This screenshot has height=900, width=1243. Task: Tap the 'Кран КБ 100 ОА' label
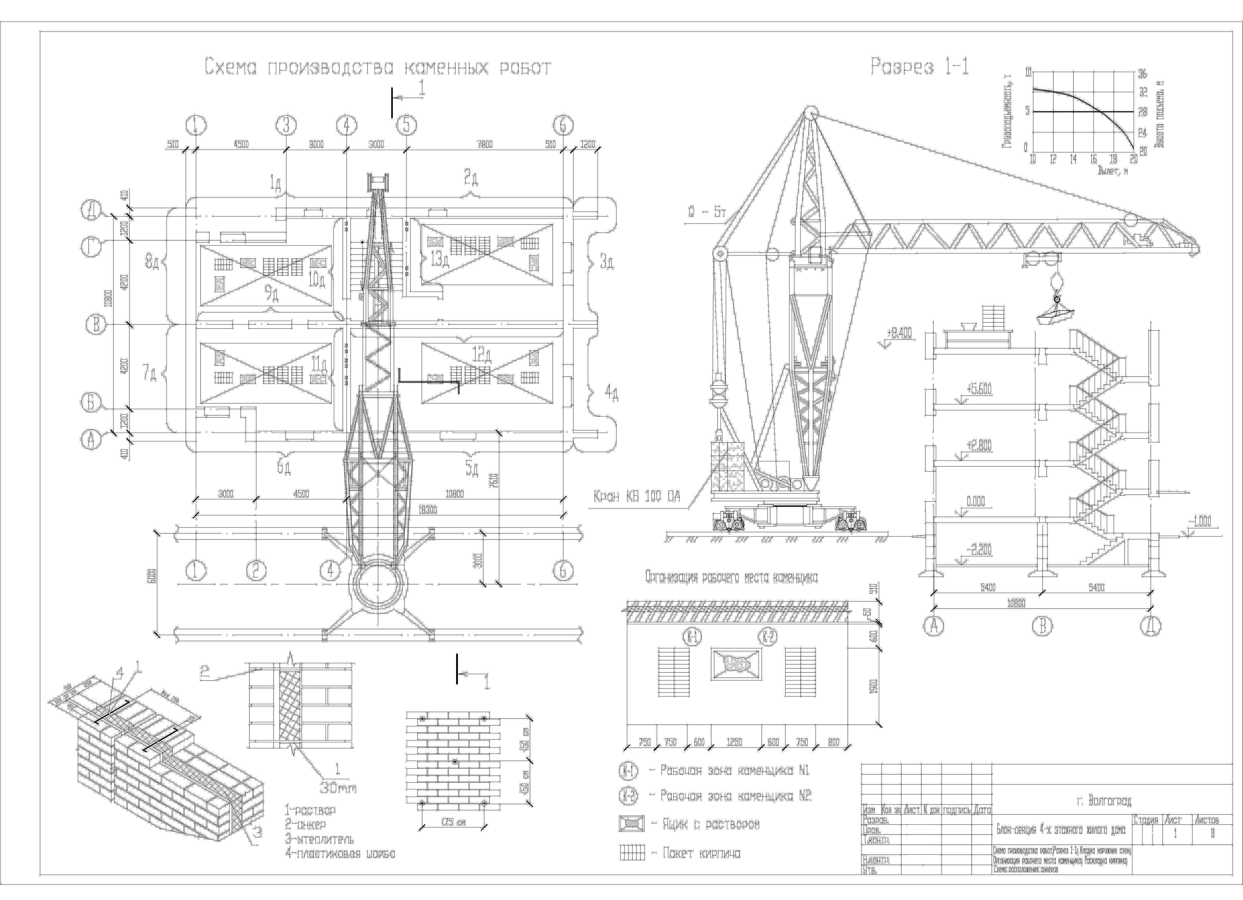[x=637, y=497]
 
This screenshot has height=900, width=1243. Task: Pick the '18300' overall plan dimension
[x=427, y=510]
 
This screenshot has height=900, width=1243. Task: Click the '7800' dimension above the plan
[x=485, y=145]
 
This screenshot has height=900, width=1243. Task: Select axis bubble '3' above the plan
[x=286, y=125]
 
